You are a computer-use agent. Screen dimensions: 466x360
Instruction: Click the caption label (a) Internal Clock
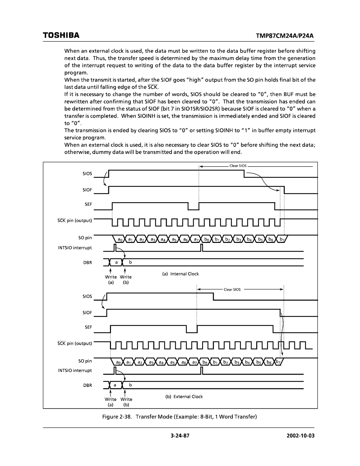point(181,274)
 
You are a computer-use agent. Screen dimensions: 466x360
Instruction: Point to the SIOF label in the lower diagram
point(87,313)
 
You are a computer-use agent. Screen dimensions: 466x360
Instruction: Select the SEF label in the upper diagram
point(88,204)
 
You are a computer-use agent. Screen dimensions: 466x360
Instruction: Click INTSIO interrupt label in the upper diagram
point(78,248)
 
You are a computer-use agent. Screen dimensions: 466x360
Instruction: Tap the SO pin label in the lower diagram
point(85,361)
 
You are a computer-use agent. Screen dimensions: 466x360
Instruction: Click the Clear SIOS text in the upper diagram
point(238,166)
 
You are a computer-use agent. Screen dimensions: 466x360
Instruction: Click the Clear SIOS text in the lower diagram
point(232,290)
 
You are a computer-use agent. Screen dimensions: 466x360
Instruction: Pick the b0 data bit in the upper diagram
point(207,240)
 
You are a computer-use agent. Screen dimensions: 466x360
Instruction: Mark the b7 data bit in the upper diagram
point(282,240)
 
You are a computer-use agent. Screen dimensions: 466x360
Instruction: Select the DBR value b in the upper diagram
point(131,263)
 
